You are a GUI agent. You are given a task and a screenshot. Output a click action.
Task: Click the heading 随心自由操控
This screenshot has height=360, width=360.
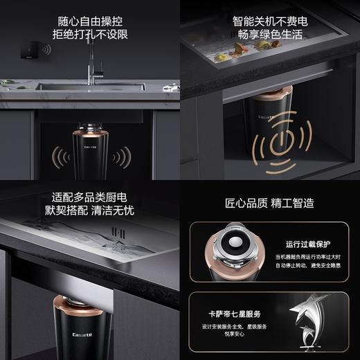click(x=89, y=17)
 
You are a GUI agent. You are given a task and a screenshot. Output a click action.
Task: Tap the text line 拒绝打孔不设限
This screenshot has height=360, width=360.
click(x=89, y=33)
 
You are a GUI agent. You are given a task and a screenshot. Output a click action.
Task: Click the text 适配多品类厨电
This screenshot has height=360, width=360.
click(x=89, y=198)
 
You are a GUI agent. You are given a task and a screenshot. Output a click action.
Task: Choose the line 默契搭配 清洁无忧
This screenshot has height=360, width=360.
click(x=89, y=213)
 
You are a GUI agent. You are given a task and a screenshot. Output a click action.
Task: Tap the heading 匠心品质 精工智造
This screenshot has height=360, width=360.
click(x=269, y=204)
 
